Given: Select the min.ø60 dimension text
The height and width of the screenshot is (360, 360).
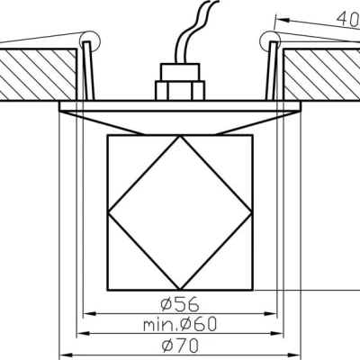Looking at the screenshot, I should click(x=181, y=324).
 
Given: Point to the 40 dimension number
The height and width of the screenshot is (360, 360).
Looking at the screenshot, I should click(x=347, y=15).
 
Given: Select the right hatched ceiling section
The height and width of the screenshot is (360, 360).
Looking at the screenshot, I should click(x=320, y=74).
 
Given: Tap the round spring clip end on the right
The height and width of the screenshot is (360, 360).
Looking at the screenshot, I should click(x=267, y=39).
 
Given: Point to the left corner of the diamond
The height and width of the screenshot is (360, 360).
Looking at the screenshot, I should click(x=108, y=213).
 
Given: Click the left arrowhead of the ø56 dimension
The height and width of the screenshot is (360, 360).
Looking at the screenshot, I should click(x=88, y=314).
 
